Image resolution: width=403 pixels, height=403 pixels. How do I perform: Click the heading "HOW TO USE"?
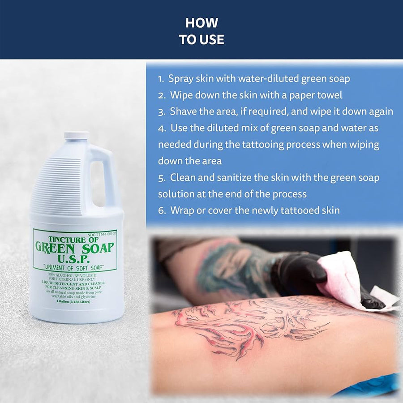(201, 31)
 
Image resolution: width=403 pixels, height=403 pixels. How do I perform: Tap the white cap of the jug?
(76, 135)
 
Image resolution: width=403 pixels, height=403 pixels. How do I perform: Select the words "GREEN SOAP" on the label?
(75, 248)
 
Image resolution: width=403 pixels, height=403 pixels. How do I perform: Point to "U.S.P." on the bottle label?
(75, 258)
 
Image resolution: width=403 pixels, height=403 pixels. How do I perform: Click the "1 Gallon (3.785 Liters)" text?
(75, 301)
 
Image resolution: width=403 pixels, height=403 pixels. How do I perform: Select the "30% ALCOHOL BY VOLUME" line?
(75, 274)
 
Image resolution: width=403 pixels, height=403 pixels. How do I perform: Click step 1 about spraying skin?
(254, 79)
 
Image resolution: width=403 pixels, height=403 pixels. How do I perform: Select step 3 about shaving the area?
(275, 111)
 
